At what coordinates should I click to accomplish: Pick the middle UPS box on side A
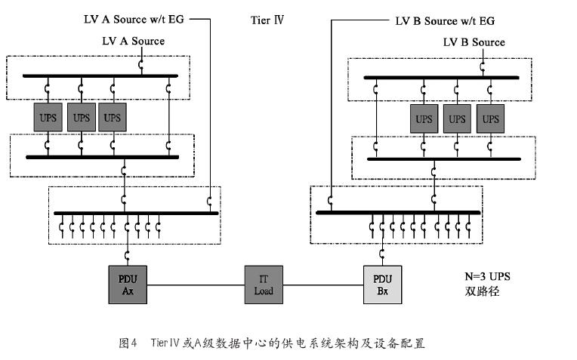(x=81, y=118)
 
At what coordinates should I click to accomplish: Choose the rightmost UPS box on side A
(x=112, y=118)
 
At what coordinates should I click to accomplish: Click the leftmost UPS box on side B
(x=424, y=118)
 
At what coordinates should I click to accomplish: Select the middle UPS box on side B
(x=458, y=118)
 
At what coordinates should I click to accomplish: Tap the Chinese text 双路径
(x=480, y=291)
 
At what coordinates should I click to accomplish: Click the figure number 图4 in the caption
(x=127, y=343)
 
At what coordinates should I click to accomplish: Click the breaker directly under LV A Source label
(x=141, y=67)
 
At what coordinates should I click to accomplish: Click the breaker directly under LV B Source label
(x=481, y=69)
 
